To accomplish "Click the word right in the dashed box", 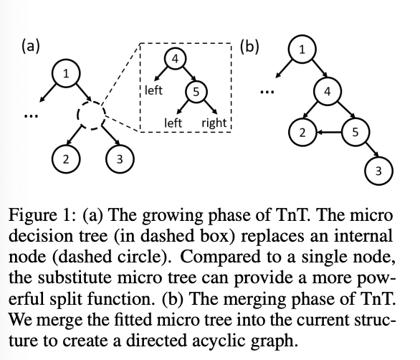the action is [214, 123].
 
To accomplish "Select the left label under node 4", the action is [153, 90].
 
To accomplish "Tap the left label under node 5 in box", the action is [173, 123].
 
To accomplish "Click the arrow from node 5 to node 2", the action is [329, 132].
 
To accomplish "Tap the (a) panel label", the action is [31, 46].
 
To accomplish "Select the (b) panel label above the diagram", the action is [249, 46].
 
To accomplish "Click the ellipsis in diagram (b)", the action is [267, 93].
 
